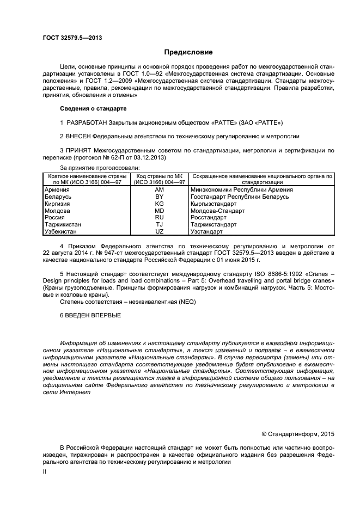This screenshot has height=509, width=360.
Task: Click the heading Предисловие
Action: (188, 52)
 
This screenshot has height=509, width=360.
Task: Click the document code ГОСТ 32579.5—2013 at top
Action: (72, 38)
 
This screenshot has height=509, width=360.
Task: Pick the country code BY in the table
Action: (159, 197)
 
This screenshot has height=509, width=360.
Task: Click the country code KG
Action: (159, 204)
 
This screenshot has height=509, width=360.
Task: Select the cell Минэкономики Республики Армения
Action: (242, 189)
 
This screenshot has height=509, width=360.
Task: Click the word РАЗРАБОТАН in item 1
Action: (86, 122)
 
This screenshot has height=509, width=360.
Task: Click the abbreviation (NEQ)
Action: (186, 302)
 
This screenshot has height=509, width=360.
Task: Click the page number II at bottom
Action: (45, 473)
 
